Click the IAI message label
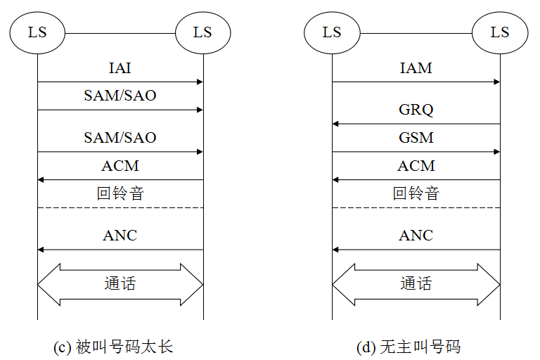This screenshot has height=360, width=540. [120, 68]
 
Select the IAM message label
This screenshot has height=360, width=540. [416, 68]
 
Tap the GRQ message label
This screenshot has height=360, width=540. [416, 110]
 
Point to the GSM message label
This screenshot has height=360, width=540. [416, 138]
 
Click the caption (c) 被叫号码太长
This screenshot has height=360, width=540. [113, 347]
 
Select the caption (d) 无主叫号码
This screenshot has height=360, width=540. [409, 347]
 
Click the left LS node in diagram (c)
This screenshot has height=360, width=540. [37, 32]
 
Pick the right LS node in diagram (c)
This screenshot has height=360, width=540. [202, 32]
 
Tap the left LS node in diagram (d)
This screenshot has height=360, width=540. [332, 32]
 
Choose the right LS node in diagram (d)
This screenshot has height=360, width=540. [500, 32]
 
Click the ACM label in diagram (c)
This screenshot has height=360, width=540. [120, 166]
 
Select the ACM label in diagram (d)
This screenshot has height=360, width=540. [416, 166]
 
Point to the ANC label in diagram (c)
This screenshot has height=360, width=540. [120, 236]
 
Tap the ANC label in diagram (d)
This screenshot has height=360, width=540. [416, 236]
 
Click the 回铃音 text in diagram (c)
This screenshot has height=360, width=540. [120, 193]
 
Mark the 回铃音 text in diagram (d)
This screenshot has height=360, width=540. [416, 193]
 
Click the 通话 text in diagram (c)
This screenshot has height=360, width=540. [120, 284]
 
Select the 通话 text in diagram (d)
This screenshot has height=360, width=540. [416, 284]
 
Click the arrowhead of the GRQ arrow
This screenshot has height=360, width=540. [335, 124]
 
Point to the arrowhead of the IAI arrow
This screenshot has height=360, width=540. [200, 82]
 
